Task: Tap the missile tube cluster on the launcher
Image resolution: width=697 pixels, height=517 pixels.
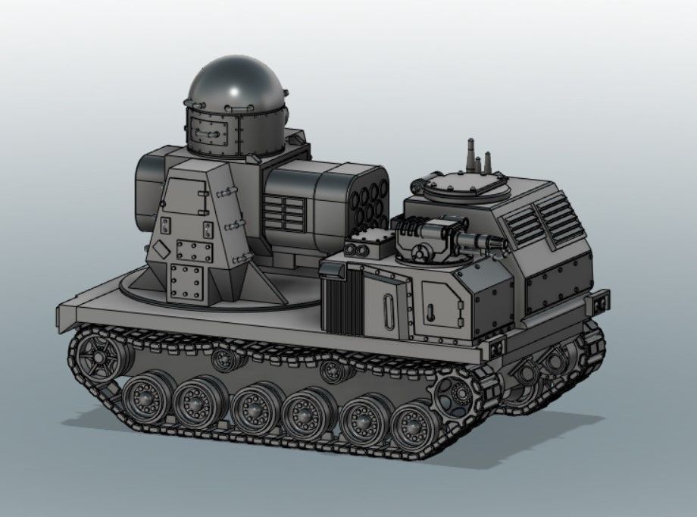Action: [x=370, y=200]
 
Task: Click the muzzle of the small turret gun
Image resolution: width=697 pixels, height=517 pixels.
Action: [x=499, y=242]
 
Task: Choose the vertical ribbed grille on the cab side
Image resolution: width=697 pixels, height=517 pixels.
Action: [x=343, y=300]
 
